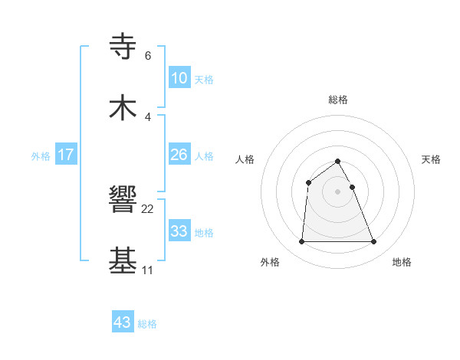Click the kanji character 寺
pos(123,46)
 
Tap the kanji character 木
pos(123,107)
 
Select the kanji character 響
pos(123,201)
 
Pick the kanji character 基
pos(123,260)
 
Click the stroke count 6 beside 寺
pos(147,56)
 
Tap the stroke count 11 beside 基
pos(147,270)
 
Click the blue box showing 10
pos(179,78)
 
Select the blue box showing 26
pos(179,155)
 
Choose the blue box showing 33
pos(179,231)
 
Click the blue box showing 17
pos(66,155)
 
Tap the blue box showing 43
pos(122,322)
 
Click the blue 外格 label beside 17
pos(41,156)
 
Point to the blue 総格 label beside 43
pos(147,324)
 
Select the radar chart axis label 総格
pos(338,100)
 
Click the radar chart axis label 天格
pos(432,159)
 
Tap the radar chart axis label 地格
pos(402,262)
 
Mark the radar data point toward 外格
pos(301,242)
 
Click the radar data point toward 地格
pos(374,242)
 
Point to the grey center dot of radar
pos(338,191)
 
